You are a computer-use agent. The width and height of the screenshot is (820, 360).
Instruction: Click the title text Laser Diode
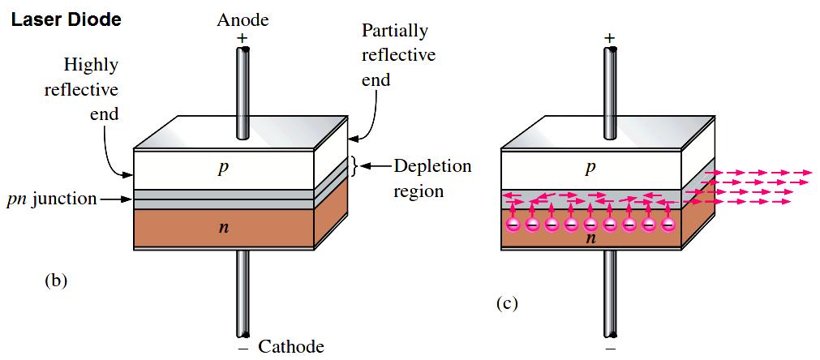(66, 19)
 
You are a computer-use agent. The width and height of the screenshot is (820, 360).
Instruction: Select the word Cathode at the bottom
(290, 347)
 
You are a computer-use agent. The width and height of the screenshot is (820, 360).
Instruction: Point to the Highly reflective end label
(81, 89)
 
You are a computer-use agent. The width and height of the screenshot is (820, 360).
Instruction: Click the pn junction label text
(51, 199)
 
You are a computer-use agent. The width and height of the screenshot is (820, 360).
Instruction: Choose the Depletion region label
(431, 178)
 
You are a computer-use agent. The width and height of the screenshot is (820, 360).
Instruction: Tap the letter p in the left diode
(223, 168)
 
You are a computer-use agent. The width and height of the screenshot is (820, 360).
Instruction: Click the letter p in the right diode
(590, 168)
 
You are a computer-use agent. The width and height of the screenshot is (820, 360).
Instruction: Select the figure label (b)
(56, 281)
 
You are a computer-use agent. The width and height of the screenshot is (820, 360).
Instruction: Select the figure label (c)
(504, 304)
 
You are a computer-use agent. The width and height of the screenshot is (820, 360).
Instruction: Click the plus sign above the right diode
(609, 37)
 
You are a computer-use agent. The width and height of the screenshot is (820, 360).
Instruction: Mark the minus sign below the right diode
(610, 349)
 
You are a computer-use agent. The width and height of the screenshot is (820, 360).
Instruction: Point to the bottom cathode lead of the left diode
(243, 292)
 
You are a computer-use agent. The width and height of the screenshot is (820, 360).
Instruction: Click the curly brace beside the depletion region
(354, 166)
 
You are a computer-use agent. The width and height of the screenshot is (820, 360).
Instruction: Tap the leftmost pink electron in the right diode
(513, 224)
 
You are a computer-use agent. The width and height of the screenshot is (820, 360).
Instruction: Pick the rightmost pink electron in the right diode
(668, 224)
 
